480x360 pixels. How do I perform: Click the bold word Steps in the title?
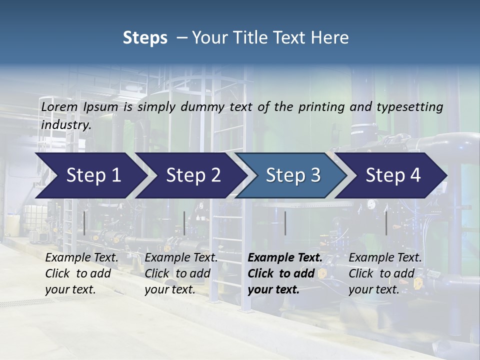[x=145, y=38]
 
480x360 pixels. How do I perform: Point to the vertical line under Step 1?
[x=84, y=223]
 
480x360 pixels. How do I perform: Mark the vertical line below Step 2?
[x=184, y=223]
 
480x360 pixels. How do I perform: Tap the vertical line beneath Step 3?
[x=285, y=223]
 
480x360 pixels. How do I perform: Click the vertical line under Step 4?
[x=386, y=223]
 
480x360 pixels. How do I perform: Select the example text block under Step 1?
[x=81, y=273]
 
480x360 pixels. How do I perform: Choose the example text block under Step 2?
[x=181, y=273]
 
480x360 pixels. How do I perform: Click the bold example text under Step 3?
[x=285, y=273]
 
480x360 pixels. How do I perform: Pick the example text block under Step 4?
[x=385, y=273]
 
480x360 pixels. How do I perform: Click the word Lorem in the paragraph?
[x=59, y=107]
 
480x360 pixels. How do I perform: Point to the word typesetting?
[x=409, y=107]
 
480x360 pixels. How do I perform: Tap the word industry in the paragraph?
[x=65, y=125]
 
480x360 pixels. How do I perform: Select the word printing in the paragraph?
[x=322, y=107]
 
